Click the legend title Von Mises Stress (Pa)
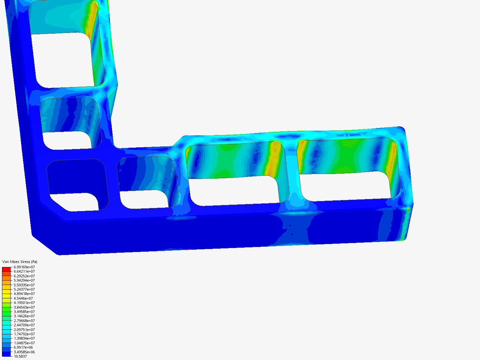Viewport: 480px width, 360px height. (20, 262)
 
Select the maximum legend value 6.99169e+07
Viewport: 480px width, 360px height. (24, 267)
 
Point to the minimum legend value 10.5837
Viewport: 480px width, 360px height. (20, 356)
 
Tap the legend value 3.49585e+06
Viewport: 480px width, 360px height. (24, 352)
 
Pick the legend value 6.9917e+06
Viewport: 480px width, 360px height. (23, 347)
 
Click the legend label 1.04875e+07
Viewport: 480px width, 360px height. (24, 343)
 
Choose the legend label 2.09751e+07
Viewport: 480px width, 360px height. (24, 330)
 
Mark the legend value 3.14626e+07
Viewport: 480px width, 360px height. (24, 316)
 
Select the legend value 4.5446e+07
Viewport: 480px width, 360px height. (23, 298)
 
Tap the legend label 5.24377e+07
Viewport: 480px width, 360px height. (24, 289)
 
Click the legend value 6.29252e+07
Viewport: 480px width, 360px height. (24, 276)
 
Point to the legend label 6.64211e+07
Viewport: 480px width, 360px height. (24, 271)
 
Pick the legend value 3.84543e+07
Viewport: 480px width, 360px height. (24, 307)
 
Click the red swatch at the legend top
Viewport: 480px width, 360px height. (6, 269)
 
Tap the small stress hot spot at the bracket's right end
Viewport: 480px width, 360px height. (408, 209)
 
